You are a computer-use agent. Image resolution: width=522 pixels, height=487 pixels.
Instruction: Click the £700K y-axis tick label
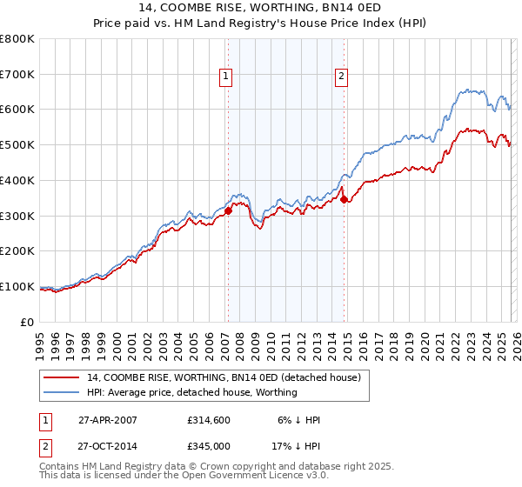pos(17,74)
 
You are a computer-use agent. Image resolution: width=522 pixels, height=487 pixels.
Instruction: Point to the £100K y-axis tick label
pos(17,286)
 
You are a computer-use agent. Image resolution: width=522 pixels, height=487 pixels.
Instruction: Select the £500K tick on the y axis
pos(17,144)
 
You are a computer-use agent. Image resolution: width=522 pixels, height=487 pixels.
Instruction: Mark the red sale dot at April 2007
pos(228,210)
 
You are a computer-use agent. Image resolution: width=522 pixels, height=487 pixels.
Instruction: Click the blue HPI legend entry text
pos(191,392)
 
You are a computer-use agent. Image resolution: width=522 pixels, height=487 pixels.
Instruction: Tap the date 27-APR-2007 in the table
pos(107,420)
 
